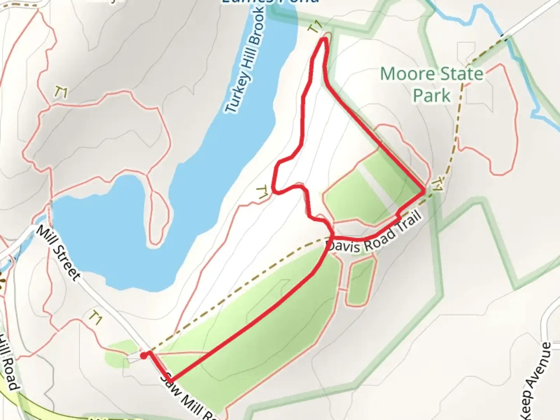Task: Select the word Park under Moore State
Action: tap(432, 95)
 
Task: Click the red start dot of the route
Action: tap(143, 355)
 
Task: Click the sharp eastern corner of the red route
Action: tap(424, 191)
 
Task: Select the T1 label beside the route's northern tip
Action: tap(315, 27)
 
